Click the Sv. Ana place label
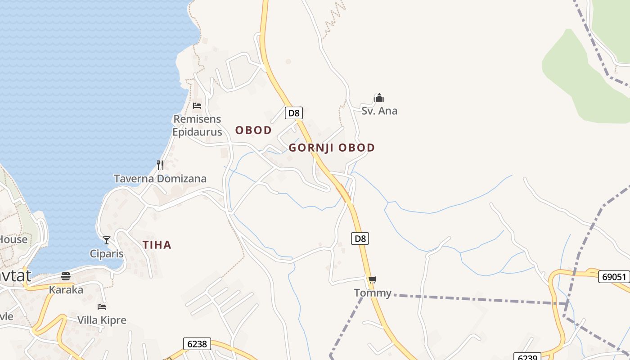click(x=379, y=111)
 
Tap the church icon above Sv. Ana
click(x=379, y=98)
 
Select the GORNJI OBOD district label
click(x=332, y=148)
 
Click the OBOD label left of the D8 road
click(x=253, y=130)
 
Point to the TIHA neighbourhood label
click(x=157, y=245)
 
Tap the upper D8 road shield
click(x=293, y=113)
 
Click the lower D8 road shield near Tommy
click(x=360, y=238)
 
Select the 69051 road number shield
click(x=614, y=276)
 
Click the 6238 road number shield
click(x=197, y=344)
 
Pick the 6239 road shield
click(x=527, y=357)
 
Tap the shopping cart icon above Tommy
click(x=372, y=280)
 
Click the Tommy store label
click(x=373, y=293)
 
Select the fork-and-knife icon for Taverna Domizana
click(x=160, y=165)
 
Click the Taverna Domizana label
click(x=160, y=179)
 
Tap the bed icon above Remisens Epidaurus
click(x=197, y=106)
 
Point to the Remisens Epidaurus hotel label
click(x=197, y=126)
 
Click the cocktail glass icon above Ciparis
click(x=107, y=240)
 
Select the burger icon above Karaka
click(x=66, y=276)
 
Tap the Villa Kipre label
click(x=102, y=320)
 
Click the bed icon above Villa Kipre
click(x=102, y=307)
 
